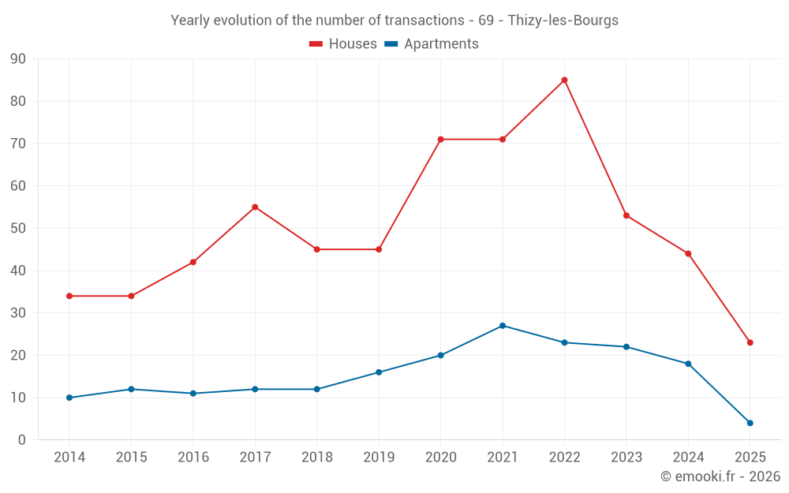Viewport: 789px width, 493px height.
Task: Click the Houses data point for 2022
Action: point(564,80)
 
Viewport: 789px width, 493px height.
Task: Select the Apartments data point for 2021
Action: point(503,326)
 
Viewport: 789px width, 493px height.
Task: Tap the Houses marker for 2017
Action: point(255,207)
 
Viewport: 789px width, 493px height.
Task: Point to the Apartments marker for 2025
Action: point(750,423)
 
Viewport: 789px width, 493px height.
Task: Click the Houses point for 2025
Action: point(750,342)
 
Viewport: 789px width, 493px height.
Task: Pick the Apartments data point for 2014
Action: point(69,398)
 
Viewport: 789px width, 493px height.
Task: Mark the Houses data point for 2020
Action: point(440,140)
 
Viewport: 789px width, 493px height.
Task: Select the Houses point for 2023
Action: point(626,215)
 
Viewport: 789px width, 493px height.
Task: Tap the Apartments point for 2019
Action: point(379,372)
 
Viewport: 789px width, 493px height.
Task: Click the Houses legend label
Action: point(353,44)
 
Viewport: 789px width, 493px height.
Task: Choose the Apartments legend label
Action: point(441,44)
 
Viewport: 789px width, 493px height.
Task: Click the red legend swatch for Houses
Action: point(316,44)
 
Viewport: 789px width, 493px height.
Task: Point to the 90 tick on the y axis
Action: point(18,59)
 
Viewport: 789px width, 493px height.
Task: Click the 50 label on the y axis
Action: point(18,229)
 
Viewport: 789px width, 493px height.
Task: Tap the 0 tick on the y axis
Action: point(22,440)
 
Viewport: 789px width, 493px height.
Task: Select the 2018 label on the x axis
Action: point(316,458)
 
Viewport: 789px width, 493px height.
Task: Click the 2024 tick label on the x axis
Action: point(688,458)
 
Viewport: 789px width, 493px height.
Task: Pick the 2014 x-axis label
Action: point(69,458)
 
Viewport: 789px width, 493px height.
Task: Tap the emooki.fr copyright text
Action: point(720,476)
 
